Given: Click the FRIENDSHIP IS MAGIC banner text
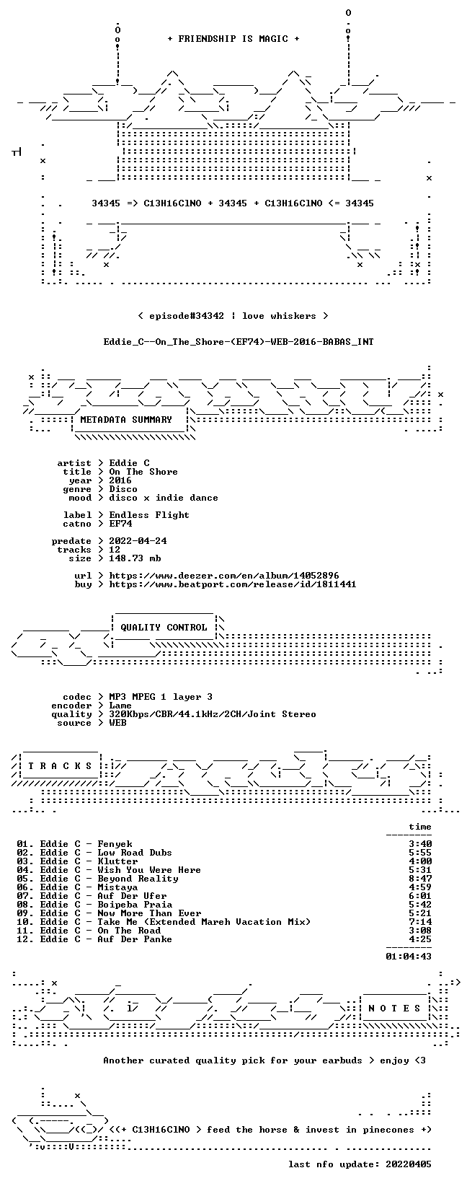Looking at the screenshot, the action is pos(233,39).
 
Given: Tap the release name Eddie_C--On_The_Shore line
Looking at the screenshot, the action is pos(239,342).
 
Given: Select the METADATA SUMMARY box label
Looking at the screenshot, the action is pos(126,420).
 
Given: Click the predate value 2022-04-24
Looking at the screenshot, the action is pos(138,541).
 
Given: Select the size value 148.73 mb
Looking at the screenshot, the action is pos(135,558).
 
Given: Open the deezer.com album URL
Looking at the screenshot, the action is pos(224,576).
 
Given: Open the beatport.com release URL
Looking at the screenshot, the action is pos(233,584).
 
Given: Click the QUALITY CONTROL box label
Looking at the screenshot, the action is pos(164,628).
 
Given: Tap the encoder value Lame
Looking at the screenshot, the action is pos(120,706).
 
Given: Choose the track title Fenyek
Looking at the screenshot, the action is pos(115,844).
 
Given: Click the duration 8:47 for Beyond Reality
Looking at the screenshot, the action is pos(420,879).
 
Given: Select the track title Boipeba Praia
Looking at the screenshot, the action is pos(135,905).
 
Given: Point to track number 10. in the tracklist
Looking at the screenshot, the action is pos(25,922).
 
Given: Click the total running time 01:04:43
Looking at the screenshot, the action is pos(409,956).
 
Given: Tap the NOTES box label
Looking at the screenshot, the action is pos(394,1008).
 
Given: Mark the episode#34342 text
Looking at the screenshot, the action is pos(187,316).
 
